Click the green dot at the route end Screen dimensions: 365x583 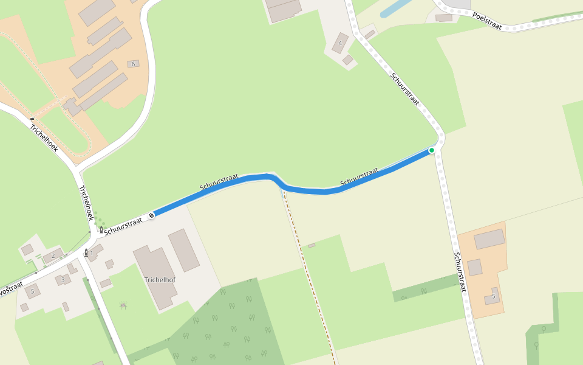[x=432, y=150]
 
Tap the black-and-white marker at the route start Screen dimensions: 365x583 [x=151, y=215]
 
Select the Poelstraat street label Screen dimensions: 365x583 [x=487, y=21]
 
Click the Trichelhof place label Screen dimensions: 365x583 [x=160, y=280]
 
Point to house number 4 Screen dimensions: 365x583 [x=340, y=43]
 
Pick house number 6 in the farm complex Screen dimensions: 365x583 [x=133, y=64]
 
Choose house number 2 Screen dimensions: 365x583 [x=53, y=256]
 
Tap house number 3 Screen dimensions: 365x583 [x=63, y=280]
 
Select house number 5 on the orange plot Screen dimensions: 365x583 [x=494, y=296]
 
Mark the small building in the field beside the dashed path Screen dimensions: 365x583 [x=312, y=246]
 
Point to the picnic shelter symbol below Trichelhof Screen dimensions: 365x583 [x=123, y=305]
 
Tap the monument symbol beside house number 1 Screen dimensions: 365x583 [x=86, y=252]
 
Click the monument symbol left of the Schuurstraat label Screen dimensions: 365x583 [x=101, y=230]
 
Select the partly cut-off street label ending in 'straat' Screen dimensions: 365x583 [x=10, y=289]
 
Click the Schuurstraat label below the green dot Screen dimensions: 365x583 [x=460, y=272]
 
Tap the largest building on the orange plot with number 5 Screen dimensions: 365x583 [x=489, y=239]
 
